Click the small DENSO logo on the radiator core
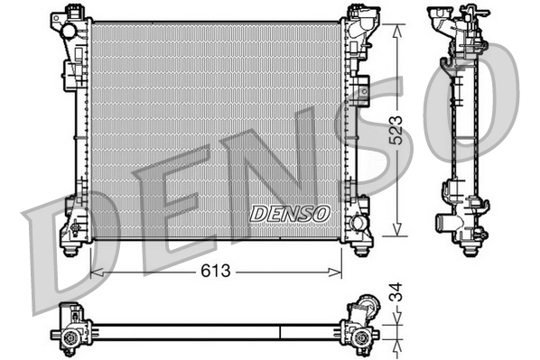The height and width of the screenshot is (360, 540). coord(290,213)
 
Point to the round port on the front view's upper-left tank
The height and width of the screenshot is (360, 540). coord(69,30)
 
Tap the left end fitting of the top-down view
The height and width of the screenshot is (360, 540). coord(70,328)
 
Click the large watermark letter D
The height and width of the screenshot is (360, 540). coord(63,253)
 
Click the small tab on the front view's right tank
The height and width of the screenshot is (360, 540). coord(362,89)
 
